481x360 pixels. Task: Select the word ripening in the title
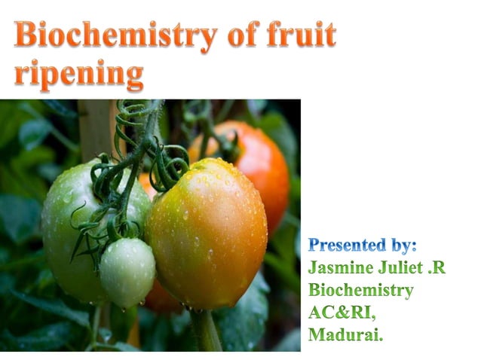(78, 75)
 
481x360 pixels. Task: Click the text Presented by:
(363, 246)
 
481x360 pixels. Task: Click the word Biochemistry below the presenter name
(361, 290)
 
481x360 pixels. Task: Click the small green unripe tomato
(127, 271)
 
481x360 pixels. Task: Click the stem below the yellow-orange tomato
(205, 331)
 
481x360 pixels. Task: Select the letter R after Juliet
(441, 267)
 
